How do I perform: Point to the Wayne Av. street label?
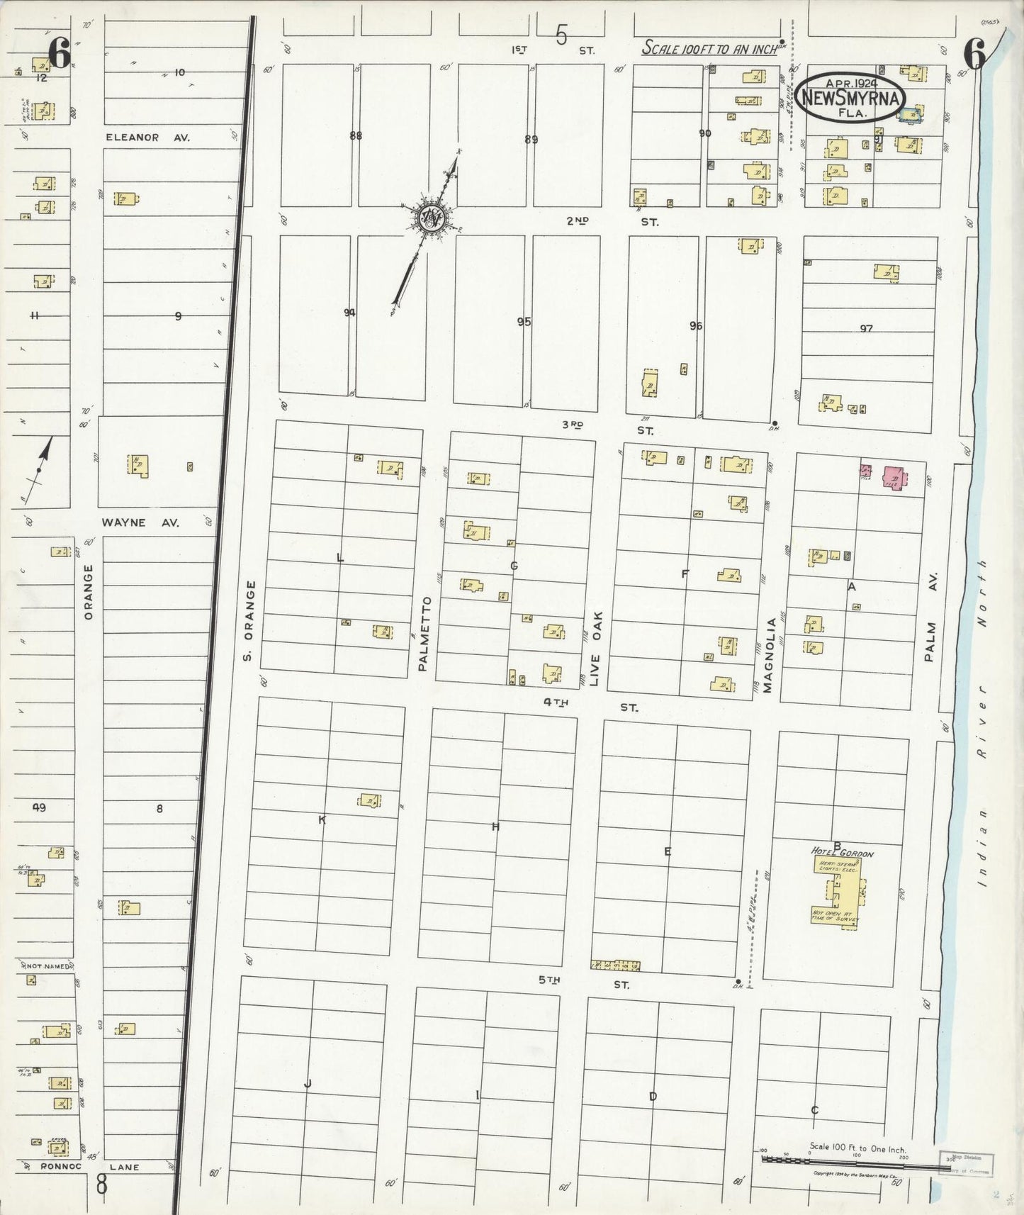coord(140,522)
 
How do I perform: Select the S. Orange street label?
coord(247,620)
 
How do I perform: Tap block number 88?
coord(355,135)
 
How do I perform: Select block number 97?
coord(866,328)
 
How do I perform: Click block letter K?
coord(322,820)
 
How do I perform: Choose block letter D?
coord(653,1096)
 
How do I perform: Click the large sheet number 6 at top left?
coord(60,54)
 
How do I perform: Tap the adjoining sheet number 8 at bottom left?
coord(102,1185)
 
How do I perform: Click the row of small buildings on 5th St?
coord(616,965)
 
